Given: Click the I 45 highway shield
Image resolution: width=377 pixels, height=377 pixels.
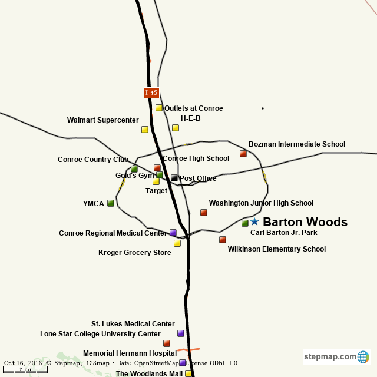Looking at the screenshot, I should (151, 92).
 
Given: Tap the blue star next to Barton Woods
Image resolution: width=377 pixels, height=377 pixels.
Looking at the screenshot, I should (254, 221).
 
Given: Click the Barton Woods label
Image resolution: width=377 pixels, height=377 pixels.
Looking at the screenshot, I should (305, 222).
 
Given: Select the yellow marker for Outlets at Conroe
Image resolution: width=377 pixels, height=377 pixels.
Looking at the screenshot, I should (159, 108).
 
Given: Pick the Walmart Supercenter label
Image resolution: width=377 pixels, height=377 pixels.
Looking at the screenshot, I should (103, 120).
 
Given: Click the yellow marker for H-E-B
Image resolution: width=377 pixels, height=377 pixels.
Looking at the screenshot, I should (176, 128).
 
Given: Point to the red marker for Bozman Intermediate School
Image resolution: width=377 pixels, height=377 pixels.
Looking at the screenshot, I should (243, 154).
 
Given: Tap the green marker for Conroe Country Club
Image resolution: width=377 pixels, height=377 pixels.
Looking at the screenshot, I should (134, 169).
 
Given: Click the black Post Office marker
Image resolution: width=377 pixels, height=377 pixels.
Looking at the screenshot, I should (174, 178).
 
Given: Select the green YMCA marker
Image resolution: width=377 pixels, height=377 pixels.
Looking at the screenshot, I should (111, 203).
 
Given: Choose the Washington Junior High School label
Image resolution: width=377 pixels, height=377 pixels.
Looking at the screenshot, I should (261, 203).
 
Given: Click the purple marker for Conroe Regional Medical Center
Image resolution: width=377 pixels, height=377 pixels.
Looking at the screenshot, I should (173, 233).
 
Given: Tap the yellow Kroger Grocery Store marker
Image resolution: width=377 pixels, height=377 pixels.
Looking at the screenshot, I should (177, 243).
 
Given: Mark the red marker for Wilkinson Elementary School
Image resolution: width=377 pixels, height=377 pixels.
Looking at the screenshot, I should (223, 240).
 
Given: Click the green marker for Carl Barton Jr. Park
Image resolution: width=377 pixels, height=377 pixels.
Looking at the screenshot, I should (245, 223).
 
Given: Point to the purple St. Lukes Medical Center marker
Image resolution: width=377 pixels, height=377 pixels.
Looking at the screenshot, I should (181, 333).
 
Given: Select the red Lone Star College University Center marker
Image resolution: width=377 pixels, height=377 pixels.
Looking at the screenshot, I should (167, 343).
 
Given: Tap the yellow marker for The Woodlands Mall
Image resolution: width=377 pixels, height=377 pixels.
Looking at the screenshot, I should (188, 373).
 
